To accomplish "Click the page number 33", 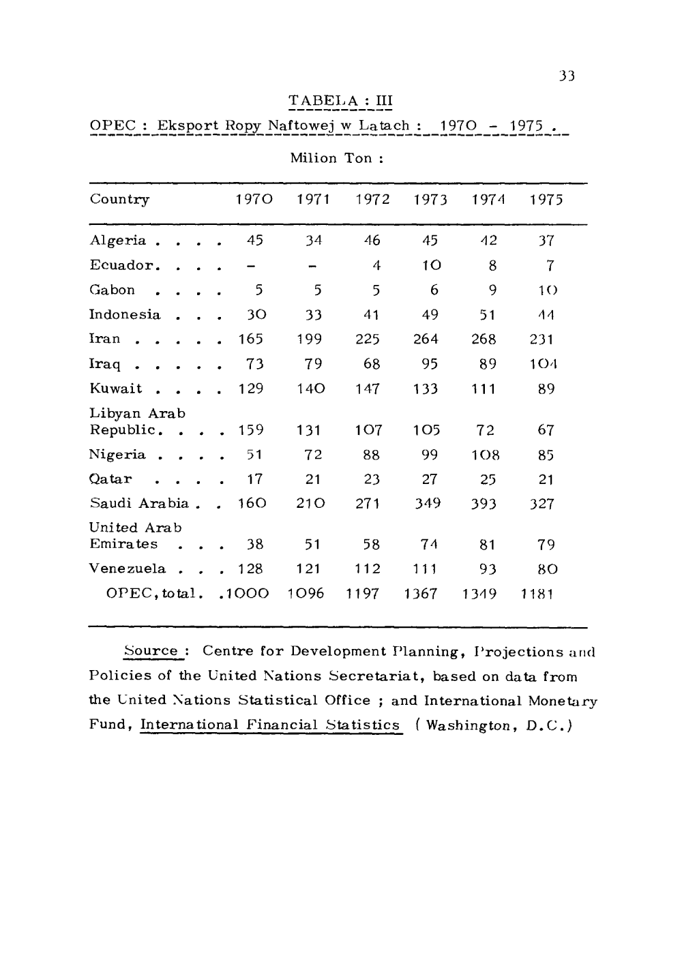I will click(x=567, y=76).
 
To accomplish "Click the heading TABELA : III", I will click(x=340, y=102).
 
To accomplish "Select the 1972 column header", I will click(x=372, y=200).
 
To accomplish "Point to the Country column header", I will click(x=119, y=200).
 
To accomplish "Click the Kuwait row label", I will click(x=116, y=389).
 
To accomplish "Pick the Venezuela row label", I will click(x=128, y=569).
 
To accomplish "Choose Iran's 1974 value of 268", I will click(x=484, y=339).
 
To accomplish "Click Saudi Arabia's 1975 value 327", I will click(x=542, y=504).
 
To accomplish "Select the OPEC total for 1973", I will click(x=425, y=594).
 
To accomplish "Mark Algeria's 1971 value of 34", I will click(x=313, y=241).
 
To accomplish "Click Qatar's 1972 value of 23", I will click(x=372, y=479).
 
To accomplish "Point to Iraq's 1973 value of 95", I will click(x=429, y=364).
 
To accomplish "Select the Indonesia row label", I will click(x=125, y=315).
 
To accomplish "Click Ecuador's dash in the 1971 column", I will click(x=313, y=266).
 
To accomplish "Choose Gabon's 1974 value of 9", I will click(x=492, y=290).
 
